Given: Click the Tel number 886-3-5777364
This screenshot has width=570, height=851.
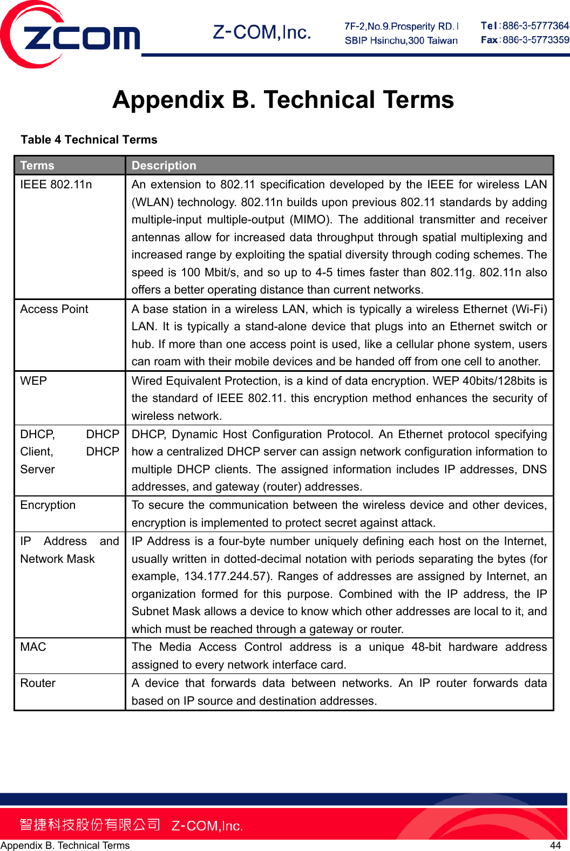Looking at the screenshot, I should tap(535, 26).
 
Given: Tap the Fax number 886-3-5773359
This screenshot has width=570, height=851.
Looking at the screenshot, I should tap(535, 40).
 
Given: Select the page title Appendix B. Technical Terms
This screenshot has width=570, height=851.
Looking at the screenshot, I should tap(283, 100).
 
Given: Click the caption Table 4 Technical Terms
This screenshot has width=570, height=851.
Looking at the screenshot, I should tap(89, 140).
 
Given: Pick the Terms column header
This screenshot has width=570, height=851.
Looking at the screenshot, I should tap(37, 166).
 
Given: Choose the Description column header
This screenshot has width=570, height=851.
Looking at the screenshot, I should tap(164, 166).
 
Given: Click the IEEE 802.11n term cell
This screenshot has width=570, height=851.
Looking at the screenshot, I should tap(56, 185).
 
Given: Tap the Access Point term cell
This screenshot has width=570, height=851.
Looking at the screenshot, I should tap(54, 309).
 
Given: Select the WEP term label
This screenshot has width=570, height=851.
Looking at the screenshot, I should tap(33, 381).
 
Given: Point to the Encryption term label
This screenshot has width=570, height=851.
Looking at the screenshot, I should tap(48, 505).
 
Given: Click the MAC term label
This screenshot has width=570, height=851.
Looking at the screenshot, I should tap(33, 647).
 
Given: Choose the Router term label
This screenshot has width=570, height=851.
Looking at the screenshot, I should tap(38, 683).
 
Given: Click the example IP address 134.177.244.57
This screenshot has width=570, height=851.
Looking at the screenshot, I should tap(226, 576).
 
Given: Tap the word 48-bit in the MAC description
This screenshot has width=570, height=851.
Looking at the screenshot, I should tap(426, 647).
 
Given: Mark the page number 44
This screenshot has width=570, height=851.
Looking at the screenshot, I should tap(555, 845).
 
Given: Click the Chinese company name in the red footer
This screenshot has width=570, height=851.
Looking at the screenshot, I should tap(90, 825).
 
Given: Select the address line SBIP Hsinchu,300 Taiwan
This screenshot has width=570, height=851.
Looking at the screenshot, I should tap(401, 40).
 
